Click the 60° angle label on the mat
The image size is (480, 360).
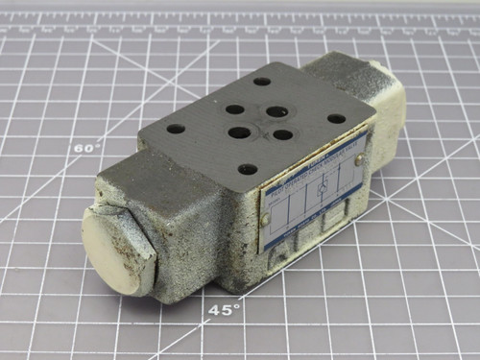(x=86, y=148)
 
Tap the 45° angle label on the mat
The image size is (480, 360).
(x=225, y=309)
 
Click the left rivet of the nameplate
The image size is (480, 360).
(x=266, y=221)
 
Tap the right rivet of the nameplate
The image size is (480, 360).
(x=357, y=161)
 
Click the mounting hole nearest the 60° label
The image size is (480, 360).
(x=176, y=128)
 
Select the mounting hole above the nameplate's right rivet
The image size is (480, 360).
(x=336, y=119)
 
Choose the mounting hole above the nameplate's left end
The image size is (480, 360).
(x=248, y=170)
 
